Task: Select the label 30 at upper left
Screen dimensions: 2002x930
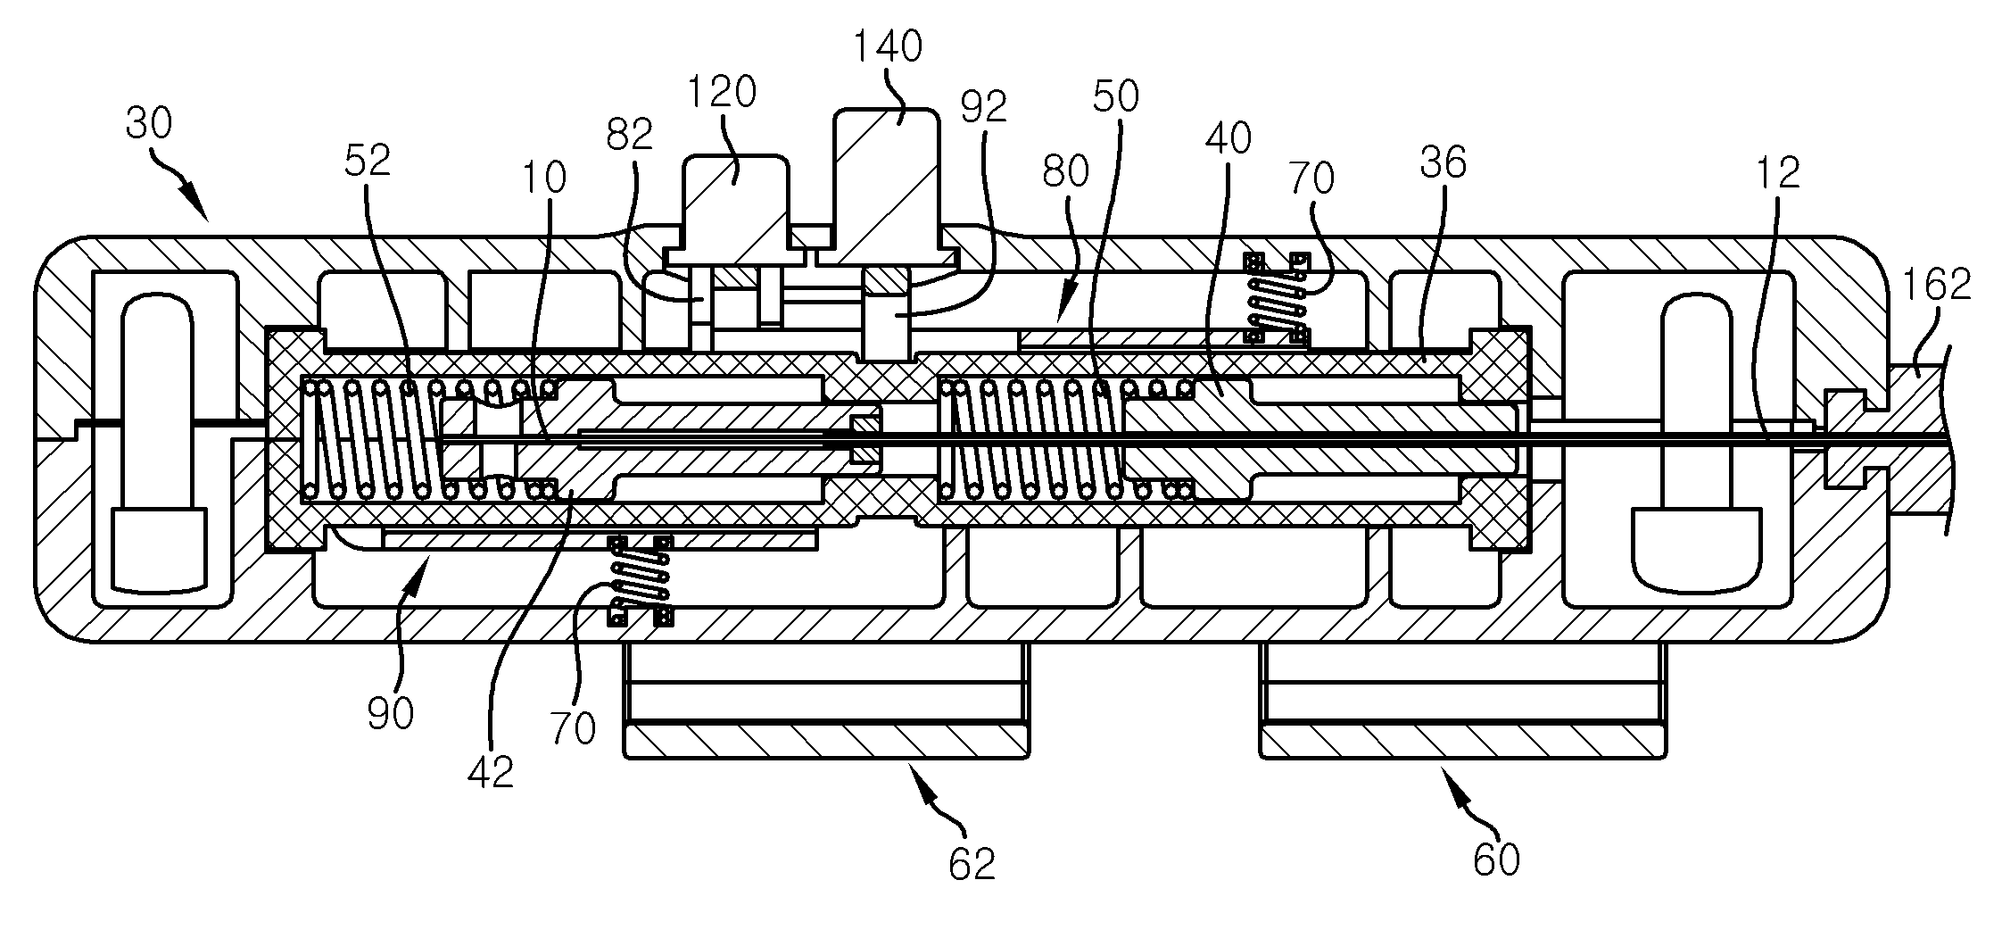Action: pyautogui.click(x=149, y=124)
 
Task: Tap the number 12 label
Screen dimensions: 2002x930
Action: pyautogui.click(x=1777, y=173)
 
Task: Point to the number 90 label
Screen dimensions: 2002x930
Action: pyautogui.click(x=390, y=714)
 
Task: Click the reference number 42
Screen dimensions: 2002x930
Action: pyautogui.click(x=491, y=772)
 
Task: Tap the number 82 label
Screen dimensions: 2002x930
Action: pyautogui.click(x=630, y=135)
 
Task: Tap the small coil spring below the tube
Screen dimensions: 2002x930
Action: pyautogui.click(x=639, y=580)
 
